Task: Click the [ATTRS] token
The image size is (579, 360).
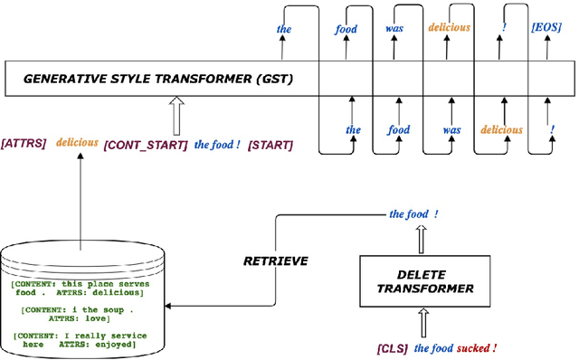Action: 24,142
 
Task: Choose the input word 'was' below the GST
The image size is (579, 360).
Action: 450,129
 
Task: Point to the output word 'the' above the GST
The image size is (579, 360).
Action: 283,29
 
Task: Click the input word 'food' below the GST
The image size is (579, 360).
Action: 399,129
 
